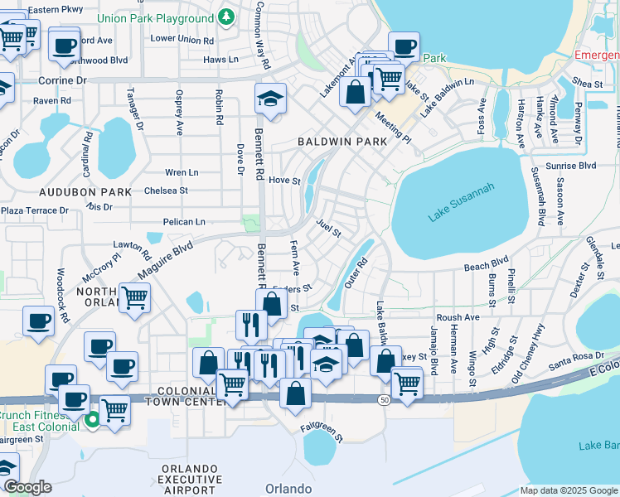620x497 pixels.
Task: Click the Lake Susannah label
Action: (462, 202)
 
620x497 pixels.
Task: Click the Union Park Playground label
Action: (155, 18)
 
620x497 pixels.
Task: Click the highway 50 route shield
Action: (384, 399)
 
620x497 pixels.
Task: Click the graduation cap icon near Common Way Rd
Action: (270, 99)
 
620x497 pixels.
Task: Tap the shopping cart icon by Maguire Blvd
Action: (134, 297)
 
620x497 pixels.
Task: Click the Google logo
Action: (27, 486)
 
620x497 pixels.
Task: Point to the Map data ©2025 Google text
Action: (568, 490)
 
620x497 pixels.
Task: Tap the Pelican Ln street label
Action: (184, 222)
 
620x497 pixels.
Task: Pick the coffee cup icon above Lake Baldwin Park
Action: (404, 46)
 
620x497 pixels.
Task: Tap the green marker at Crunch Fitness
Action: (92, 420)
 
